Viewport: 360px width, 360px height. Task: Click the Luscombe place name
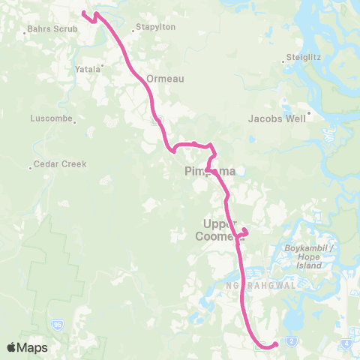tap(50, 118)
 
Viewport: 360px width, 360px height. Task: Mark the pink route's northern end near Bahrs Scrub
tap(83, 13)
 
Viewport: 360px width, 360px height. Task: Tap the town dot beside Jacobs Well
tap(308, 114)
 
